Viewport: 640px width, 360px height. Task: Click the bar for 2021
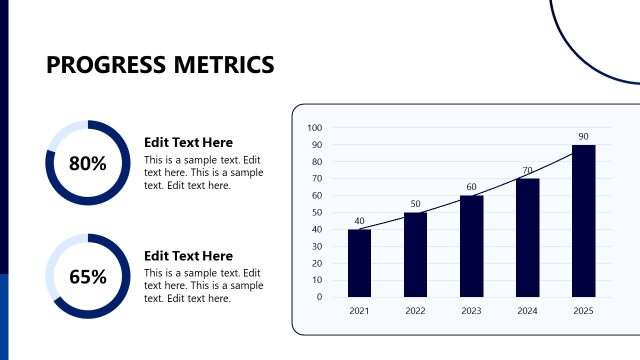point(359,263)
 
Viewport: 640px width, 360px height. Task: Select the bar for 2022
point(415,254)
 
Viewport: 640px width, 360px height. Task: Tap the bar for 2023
point(471,246)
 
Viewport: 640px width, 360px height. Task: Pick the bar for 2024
point(527,237)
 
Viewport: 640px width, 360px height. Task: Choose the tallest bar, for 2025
point(583,221)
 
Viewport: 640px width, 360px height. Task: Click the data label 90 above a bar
point(583,136)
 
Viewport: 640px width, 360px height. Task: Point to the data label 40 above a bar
point(359,221)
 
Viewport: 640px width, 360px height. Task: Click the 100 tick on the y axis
point(315,128)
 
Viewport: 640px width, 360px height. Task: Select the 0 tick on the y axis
point(319,297)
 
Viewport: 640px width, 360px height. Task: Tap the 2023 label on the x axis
point(471,311)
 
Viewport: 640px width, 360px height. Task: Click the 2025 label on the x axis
point(583,311)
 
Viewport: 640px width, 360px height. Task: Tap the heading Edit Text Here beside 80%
point(188,142)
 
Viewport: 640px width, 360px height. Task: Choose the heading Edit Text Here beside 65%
point(188,256)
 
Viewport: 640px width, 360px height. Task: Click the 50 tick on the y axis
point(317,212)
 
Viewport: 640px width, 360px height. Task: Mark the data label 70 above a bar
point(527,170)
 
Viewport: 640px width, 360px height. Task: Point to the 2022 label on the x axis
point(415,311)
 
